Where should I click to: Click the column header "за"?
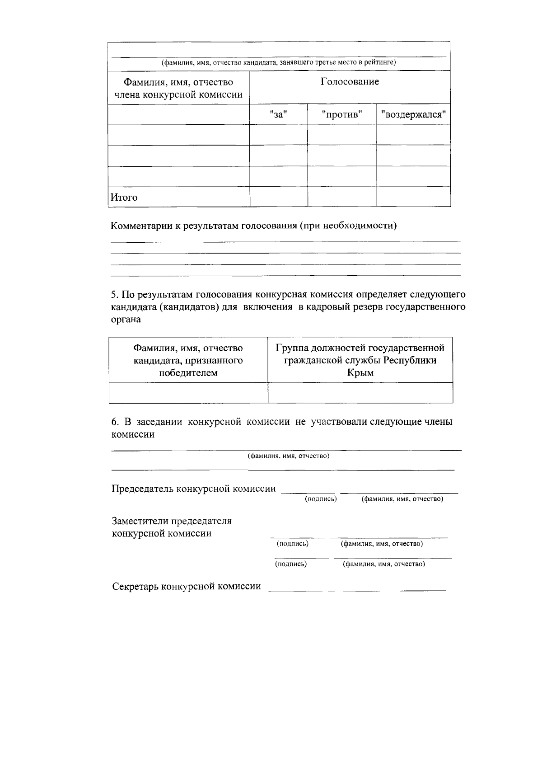(x=278, y=114)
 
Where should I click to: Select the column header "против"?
(x=342, y=114)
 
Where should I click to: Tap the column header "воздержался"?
(x=413, y=114)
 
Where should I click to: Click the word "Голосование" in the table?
(x=350, y=82)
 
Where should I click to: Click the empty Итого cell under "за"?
(x=278, y=197)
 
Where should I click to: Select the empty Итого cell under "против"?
(x=342, y=197)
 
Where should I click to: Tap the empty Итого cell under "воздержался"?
(x=413, y=197)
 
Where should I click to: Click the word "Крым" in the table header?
(x=360, y=373)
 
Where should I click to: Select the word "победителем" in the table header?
(x=188, y=373)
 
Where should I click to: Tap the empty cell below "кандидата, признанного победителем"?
(x=188, y=392)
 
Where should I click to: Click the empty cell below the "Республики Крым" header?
(x=360, y=392)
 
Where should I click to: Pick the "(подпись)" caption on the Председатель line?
(x=321, y=499)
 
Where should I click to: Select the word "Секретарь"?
(x=135, y=587)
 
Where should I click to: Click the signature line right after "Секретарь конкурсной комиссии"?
(x=295, y=589)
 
